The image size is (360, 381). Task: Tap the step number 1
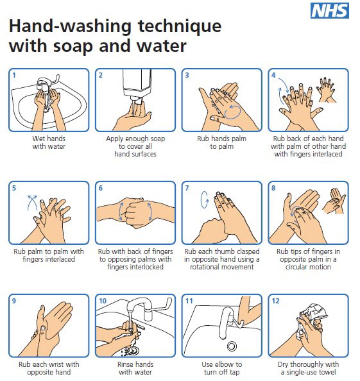click(x=15, y=75)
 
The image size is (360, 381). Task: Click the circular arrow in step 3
click(x=231, y=111)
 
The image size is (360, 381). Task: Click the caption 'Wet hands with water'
click(x=49, y=141)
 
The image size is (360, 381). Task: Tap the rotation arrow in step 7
click(x=205, y=200)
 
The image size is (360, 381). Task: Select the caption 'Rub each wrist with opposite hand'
click(x=49, y=368)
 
